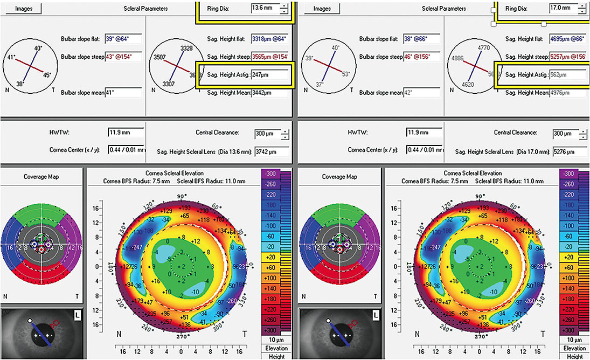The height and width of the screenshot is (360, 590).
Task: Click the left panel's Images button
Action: click(23, 9)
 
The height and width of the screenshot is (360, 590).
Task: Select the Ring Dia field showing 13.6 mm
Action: click(265, 9)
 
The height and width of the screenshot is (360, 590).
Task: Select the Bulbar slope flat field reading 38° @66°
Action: click(422, 39)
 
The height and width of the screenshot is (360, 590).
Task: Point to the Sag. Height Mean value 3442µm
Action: click(269, 93)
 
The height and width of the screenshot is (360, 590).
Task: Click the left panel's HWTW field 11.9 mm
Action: click(125, 133)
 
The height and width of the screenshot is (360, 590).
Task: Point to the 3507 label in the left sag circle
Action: click(159, 57)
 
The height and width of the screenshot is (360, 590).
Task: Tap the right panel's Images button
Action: click(322, 9)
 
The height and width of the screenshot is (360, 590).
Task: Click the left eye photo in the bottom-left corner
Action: click(42, 333)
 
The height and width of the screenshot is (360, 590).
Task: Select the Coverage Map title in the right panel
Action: click(339, 177)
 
